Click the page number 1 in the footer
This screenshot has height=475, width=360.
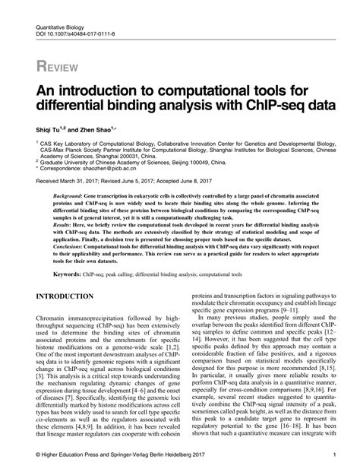point(334,456)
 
